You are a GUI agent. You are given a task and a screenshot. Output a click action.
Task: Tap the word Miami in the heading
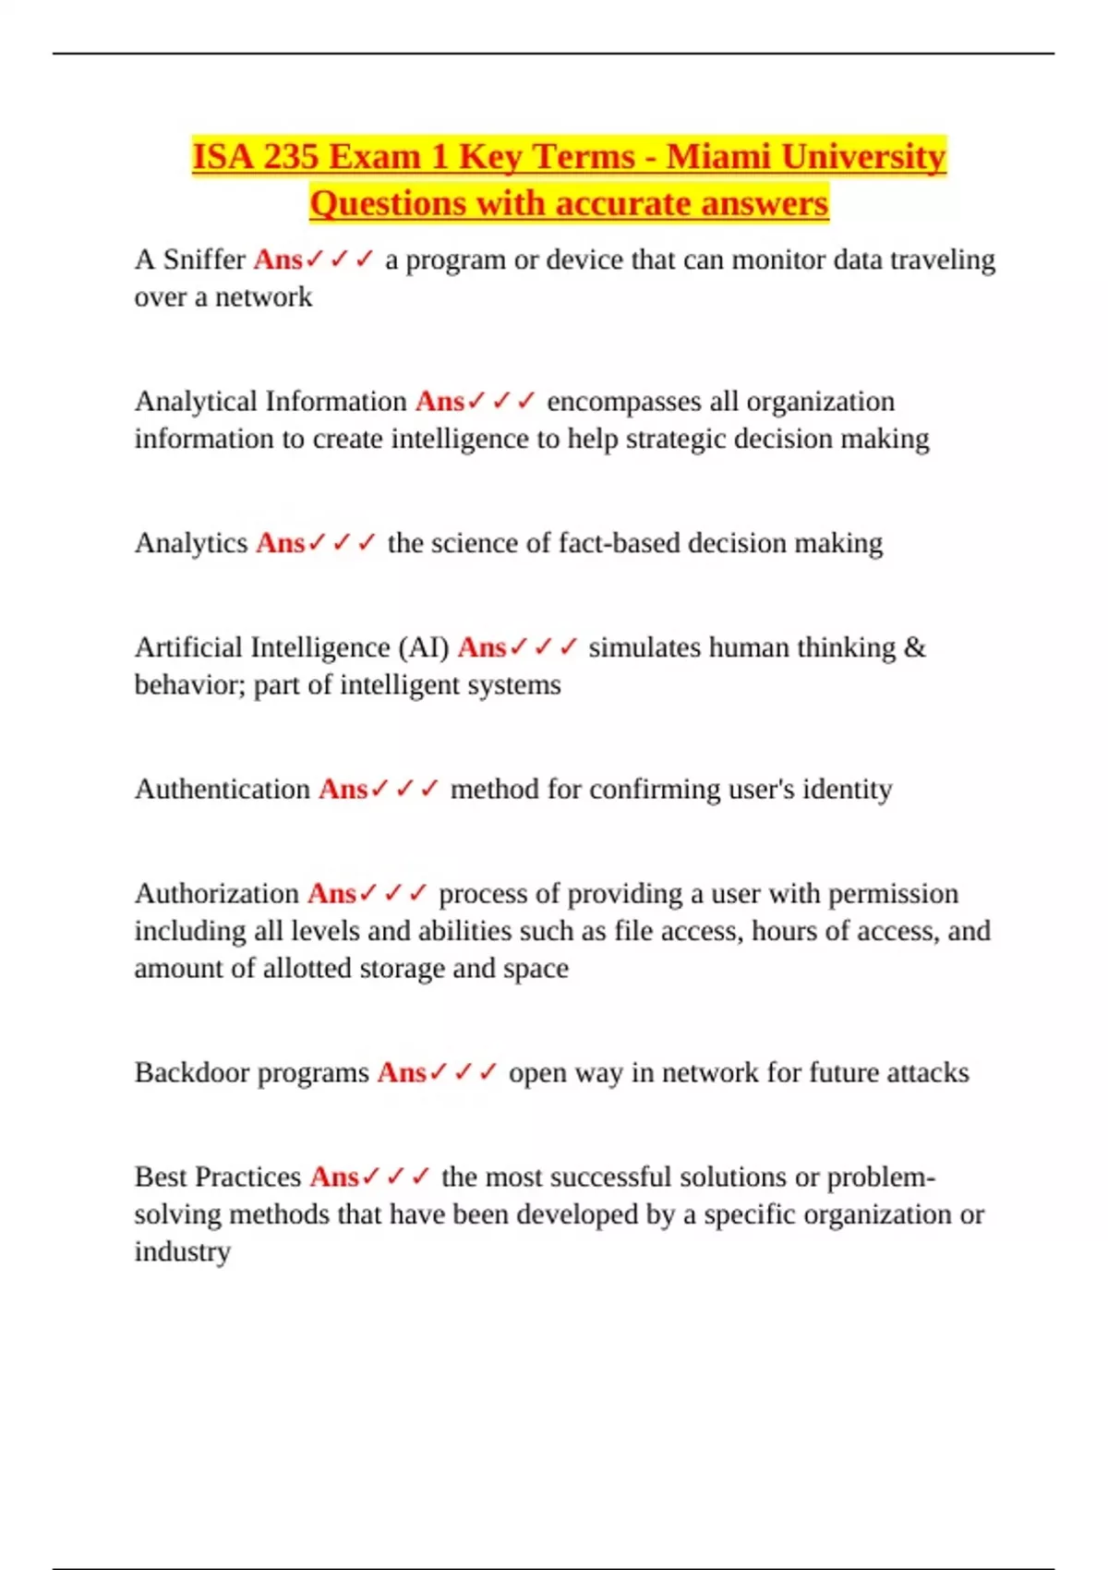[x=718, y=157]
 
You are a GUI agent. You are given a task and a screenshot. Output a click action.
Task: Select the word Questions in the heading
[x=388, y=204]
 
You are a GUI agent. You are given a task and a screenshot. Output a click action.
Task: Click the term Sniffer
[x=204, y=260]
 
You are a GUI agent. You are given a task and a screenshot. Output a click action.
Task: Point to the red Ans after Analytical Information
[x=440, y=402]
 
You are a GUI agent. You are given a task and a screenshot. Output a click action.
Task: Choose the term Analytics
[x=191, y=543]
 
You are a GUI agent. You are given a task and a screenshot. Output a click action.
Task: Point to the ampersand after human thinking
[x=914, y=648]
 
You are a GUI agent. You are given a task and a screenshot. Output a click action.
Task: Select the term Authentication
[x=223, y=790]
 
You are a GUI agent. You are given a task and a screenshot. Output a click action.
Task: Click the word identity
[x=847, y=790]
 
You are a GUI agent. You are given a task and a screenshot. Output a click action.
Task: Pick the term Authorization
[x=217, y=894]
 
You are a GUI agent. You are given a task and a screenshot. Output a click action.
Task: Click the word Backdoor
[x=191, y=1073]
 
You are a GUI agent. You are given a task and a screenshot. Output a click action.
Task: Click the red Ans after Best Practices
[x=334, y=1177]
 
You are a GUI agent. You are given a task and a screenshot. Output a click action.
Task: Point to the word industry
[x=182, y=1252]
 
